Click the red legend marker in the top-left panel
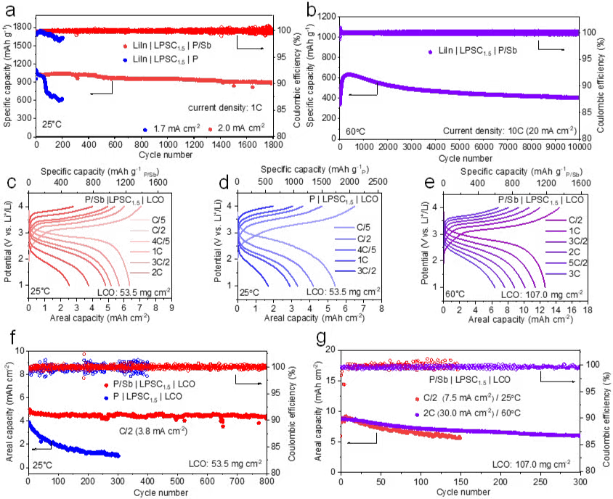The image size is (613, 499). coord(126,46)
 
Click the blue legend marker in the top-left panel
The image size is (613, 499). coord(126,60)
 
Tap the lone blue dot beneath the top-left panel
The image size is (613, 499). coord(145,130)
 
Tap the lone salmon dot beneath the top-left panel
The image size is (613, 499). coord(211,130)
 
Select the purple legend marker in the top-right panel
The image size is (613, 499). coord(431,52)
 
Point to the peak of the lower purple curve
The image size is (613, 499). coord(349,74)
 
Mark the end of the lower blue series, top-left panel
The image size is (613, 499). coord(62,99)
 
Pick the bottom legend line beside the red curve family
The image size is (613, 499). coord(139,273)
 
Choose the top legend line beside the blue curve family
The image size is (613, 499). coord(345,228)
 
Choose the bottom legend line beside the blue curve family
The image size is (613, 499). coord(345,271)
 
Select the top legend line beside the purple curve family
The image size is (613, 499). coord(556,220)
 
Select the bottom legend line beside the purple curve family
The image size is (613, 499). coord(556,274)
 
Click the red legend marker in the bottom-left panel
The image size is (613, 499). coord(106,385)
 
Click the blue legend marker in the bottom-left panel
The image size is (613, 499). coord(106,397)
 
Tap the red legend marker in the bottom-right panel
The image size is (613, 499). coord(418,399)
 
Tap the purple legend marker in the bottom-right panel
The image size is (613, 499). coord(418,415)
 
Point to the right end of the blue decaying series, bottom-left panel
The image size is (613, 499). coord(118,455)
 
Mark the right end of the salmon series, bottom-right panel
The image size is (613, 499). coord(460,438)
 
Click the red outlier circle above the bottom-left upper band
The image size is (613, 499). coord(84,354)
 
